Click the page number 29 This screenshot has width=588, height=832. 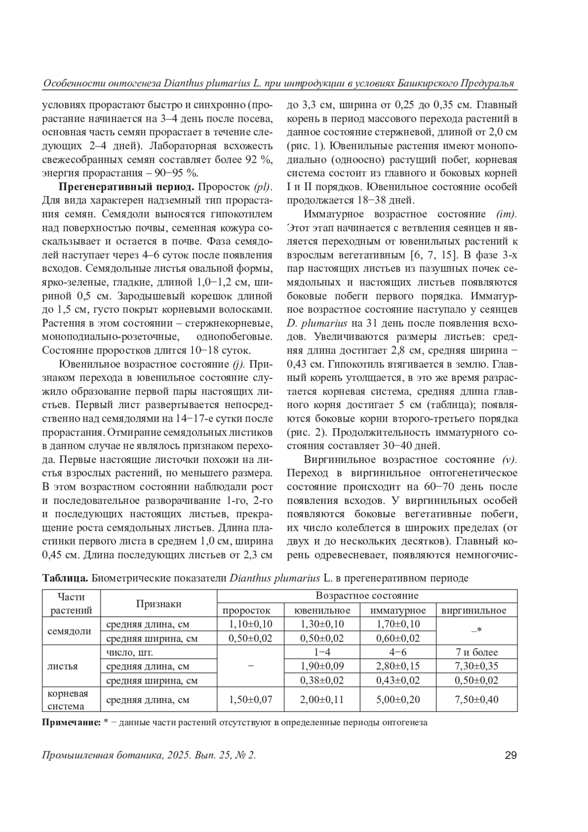tap(511, 756)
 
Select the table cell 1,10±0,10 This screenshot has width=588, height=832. tap(250, 624)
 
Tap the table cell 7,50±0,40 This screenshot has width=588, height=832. tap(476, 699)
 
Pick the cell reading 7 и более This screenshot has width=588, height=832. tap(476, 652)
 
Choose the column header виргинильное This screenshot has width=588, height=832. tap(474, 610)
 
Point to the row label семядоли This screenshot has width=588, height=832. tap(70, 631)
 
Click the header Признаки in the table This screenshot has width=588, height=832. tap(158, 604)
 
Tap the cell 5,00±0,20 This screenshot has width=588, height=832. tap(398, 699)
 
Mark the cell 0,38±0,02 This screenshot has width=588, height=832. tap(322, 681)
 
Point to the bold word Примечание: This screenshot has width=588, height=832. tap(72, 722)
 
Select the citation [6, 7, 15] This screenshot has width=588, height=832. tap(432, 255)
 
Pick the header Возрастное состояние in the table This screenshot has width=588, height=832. tap(367, 596)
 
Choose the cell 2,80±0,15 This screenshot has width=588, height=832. tap(398, 666)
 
